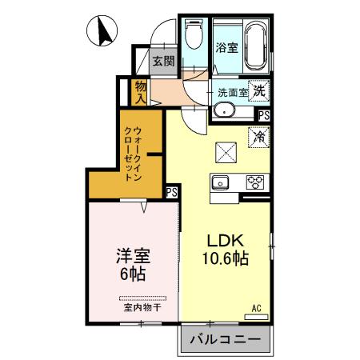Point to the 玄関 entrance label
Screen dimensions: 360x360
click(x=163, y=61)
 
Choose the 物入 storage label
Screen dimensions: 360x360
click(x=140, y=90)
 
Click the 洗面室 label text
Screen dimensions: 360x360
click(x=231, y=92)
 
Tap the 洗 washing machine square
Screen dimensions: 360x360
click(x=258, y=90)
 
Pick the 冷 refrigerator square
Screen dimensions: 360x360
click(x=259, y=138)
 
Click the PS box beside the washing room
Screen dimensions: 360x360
click(x=263, y=116)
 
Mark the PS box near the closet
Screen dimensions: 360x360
click(x=172, y=192)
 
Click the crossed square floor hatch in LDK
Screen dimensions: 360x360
click(x=226, y=151)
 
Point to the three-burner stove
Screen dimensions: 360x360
click(x=255, y=181)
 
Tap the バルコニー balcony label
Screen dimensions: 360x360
click(x=225, y=340)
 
